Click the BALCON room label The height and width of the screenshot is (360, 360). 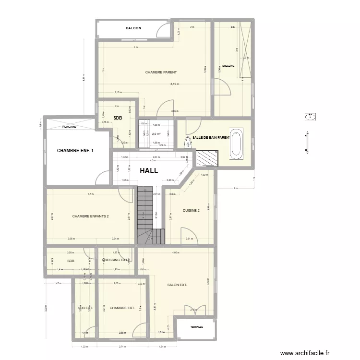click(133, 29)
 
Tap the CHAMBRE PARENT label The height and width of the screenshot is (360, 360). click(161, 72)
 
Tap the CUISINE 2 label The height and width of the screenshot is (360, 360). click(191, 210)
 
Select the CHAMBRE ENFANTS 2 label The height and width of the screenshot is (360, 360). click(91, 216)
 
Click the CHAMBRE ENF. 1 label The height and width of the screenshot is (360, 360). click(75, 151)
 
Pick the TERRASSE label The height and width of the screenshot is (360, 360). click(196, 327)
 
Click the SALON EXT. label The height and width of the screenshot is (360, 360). click(177, 285)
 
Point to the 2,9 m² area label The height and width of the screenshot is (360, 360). click(156, 134)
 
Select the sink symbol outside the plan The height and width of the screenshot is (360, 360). click(310, 117)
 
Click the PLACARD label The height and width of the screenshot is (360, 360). click(70, 127)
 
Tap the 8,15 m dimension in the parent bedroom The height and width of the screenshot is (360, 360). click(174, 84)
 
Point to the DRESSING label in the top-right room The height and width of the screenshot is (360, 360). click(228, 66)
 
